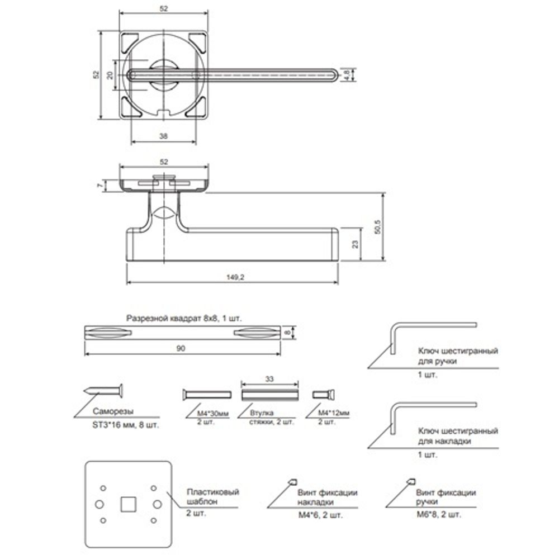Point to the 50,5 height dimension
coord(377,227)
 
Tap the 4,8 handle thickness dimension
coord(347,74)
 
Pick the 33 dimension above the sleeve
coord(269,378)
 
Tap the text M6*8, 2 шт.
coord(439,513)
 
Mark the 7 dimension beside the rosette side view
coord(100,185)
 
